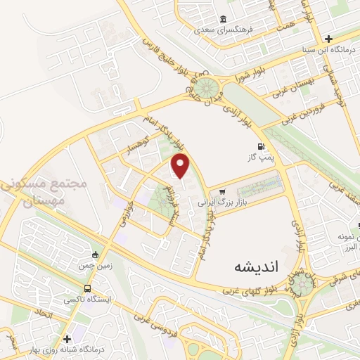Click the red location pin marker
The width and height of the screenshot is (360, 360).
tap(181, 166)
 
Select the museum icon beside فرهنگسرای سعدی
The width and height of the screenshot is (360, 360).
tap(224, 19)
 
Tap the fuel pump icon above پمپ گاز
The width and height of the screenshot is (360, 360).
tap(262, 147)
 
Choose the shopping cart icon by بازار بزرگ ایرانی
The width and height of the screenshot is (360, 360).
tap(222, 191)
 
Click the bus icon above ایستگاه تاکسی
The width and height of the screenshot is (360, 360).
tap(87, 288)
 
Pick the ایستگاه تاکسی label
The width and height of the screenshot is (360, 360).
tap(84, 299)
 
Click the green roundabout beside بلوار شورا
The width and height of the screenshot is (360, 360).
tap(205, 89)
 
